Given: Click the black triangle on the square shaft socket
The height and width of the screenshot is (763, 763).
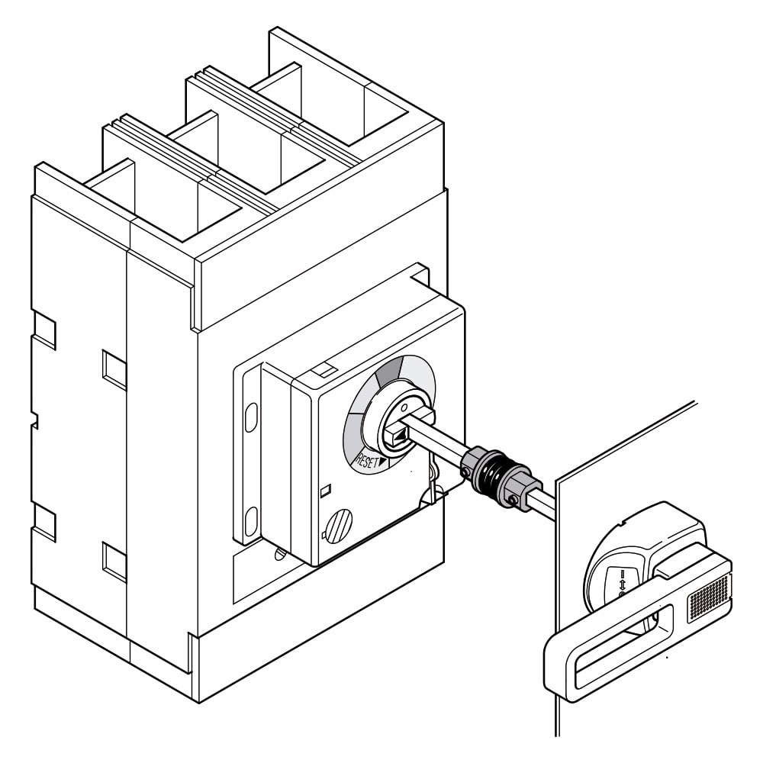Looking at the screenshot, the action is (x=399, y=437).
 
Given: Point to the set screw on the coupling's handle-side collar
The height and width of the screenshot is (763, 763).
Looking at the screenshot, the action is (x=513, y=501).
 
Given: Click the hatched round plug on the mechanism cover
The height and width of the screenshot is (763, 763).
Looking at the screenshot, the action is (x=340, y=526).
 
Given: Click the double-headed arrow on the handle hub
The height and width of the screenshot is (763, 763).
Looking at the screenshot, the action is (x=622, y=582).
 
